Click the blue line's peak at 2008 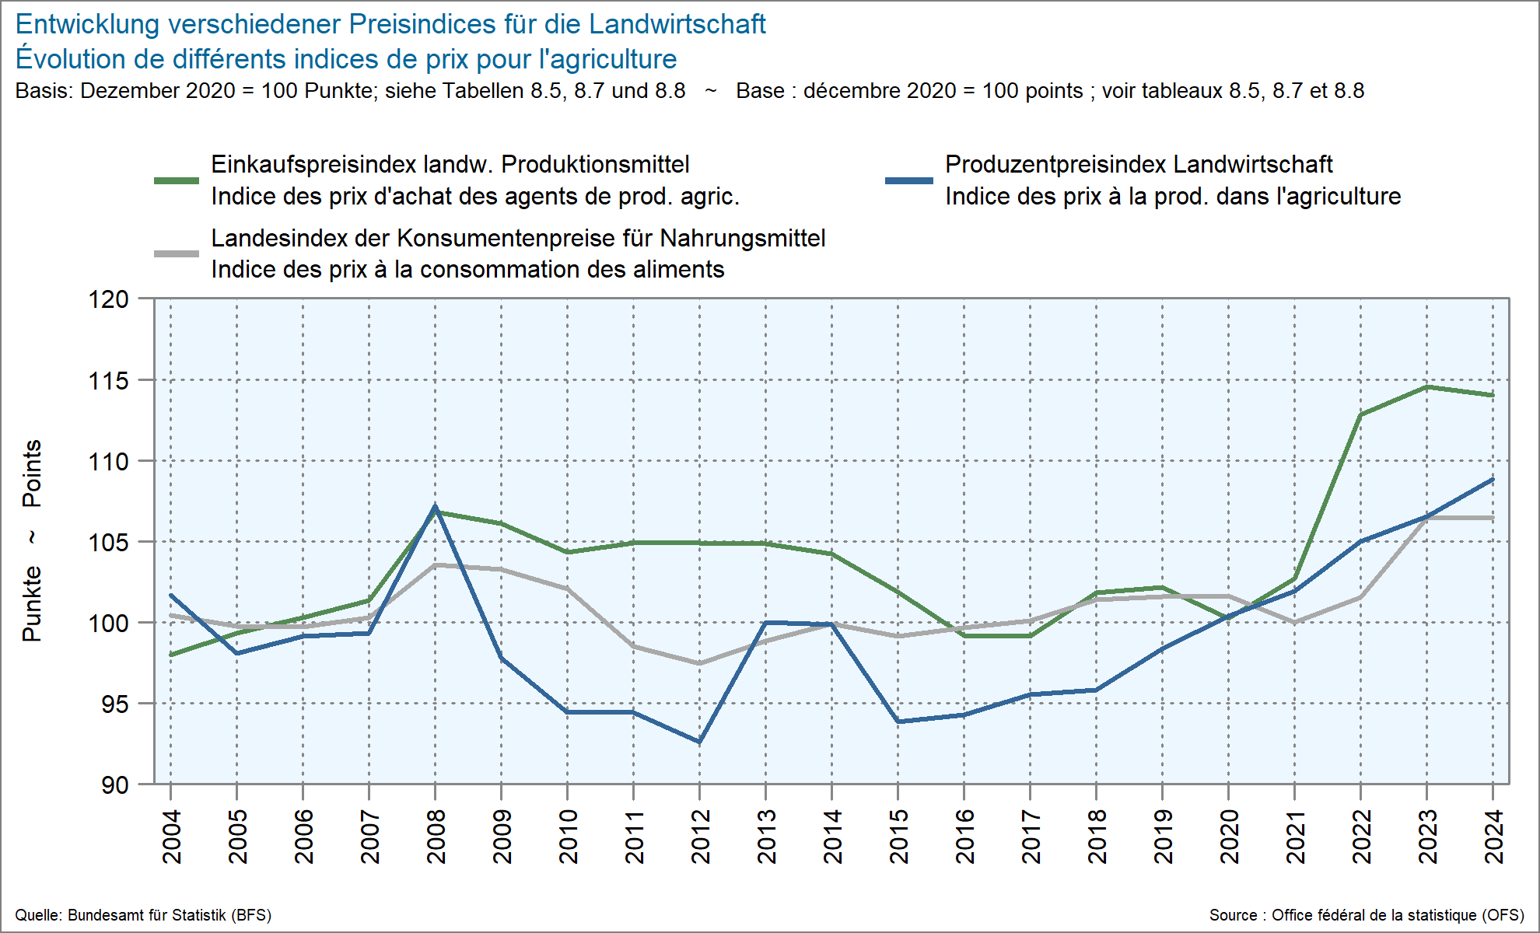pyautogui.click(x=435, y=507)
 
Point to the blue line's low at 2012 pyautogui.click(x=699, y=742)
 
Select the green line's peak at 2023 pyautogui.click(x=1427, y=387)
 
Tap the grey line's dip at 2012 pyautogui.click(x=699, y=663)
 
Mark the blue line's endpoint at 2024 pyautogui.click(x=1493, y=480)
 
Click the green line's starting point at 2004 pyautogui.click(x=171, y=655)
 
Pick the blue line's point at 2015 pyautogui.click(x=898, y=722)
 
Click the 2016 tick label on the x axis pyautogui.click(x=964, y=836)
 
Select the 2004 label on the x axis pyautogui.click(x=171, y=836)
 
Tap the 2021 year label pyautogui.click(x=1295, y=836)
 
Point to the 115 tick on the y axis pyautogui.click(x=108, y=381)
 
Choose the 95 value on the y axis pyautogui.click(x=114, y=704)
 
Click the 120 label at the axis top pyautogui.click(x=108, y=299)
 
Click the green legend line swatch pyautogui.click(x=177, y=180)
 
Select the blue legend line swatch pyautogui.click(x=909, y=180)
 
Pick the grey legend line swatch pyautogui.click(x=177, y=253)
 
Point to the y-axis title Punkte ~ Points pyautogui.click(x=32, y=540)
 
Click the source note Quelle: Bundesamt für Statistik pyautogui.click(x=143, y=915)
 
